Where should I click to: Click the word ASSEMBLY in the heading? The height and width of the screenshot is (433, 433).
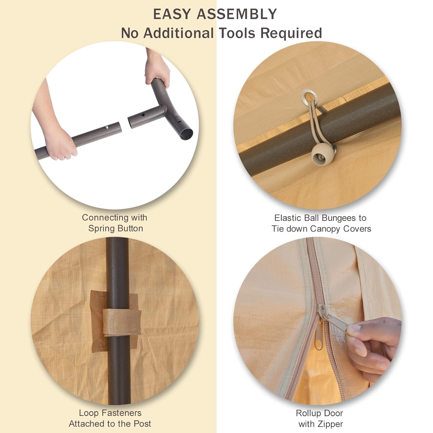(241, 14)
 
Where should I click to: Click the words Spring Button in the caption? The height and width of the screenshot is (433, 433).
(115, 228)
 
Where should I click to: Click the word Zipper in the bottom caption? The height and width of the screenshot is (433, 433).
(329, 424)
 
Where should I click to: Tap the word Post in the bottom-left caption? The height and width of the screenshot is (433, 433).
(141, 424)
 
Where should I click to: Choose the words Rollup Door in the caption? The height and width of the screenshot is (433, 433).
(319, 413)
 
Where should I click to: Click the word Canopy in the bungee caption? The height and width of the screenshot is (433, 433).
(325, 229)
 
